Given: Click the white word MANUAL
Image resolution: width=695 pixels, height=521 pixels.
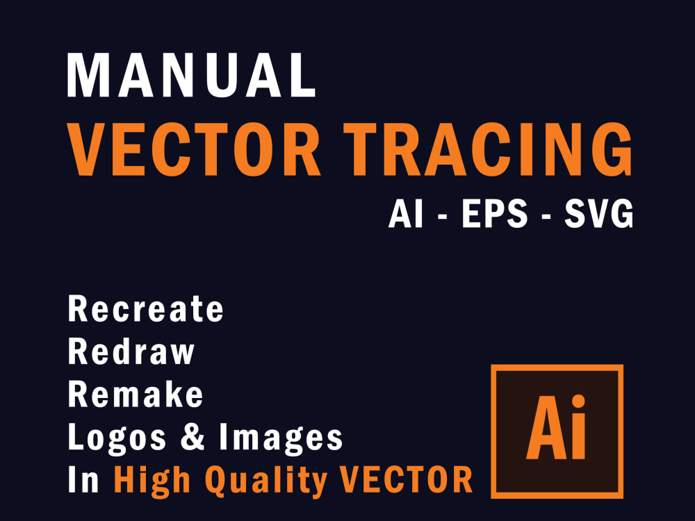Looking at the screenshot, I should (191, 75).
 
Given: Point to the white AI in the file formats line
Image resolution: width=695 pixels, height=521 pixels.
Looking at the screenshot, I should (406, 215).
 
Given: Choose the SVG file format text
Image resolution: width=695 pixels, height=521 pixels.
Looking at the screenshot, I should (598, 215).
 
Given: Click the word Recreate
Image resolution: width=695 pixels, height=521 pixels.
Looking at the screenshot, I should (146, 309).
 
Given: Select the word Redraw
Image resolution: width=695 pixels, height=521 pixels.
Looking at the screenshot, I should (131, 352).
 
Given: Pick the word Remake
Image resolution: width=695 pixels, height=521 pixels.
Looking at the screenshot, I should (136, 395).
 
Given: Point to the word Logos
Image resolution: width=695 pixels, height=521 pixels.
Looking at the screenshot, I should (117, 438).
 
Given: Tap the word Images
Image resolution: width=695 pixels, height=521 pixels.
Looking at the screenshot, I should (281, 438).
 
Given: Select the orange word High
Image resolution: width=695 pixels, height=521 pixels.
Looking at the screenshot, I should (149, 480).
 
